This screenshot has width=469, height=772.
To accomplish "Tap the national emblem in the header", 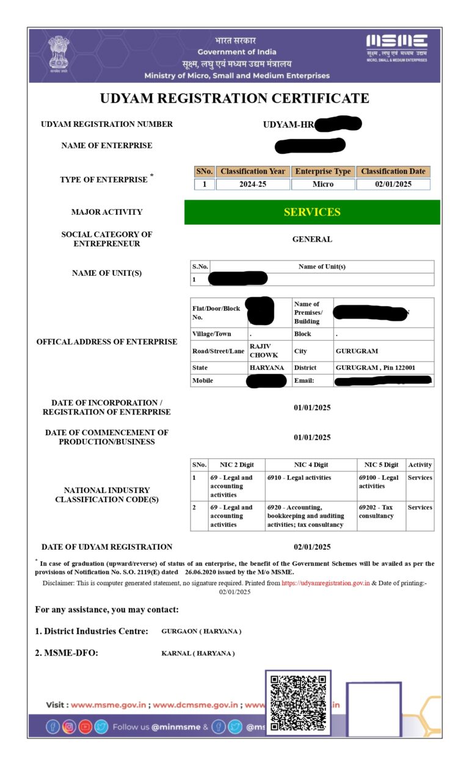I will pyautogui.click(x=59, y=52).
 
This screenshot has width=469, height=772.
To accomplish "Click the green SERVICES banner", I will pyautogui.click(x=312, y=212).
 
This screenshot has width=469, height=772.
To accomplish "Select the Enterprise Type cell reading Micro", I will pyautogui.click(x=323, y=184).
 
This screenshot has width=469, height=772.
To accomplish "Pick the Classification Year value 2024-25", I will pyautogui.click(x=253, y=184).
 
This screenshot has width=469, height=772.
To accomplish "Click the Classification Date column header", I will pyautogui.click(x=393, y=171).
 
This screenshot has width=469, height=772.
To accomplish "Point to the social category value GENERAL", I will pyautogui.click(x=312, y=239).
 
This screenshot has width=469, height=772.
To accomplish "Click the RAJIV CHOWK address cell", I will pyautogui.click(x=264, y=351).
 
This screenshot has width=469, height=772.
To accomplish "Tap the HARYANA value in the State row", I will pyautogui.click(x=266, y=368).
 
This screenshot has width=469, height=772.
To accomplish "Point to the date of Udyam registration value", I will pyautogui.click(x=312, y=547).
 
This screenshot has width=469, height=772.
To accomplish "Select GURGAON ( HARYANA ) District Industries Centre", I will pyautogui.click(x=201, y=631).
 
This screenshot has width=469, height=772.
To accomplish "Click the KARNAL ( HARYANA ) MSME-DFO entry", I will pyautogui.click(x=198, y=654).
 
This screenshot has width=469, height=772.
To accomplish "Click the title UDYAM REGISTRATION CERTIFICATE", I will pyautogui.click(x=234, y=98).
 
